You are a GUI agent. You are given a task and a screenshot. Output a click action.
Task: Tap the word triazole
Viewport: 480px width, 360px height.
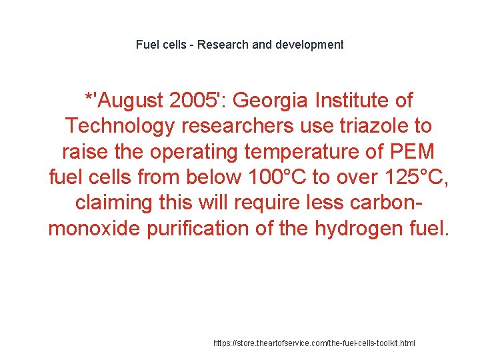pyautogui.click(x=381, y=127)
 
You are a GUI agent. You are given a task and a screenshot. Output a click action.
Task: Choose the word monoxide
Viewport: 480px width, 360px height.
pyautogui.click(x=93, y=228)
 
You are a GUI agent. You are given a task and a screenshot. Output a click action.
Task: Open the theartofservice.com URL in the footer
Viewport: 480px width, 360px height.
pyautogui.click(x=313, y=343)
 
